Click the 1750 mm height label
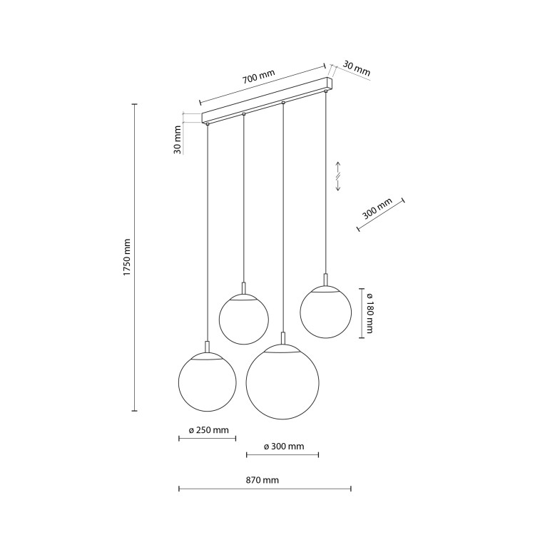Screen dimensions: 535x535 tap(127, 258)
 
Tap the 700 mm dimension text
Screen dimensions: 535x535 tap(258, 77)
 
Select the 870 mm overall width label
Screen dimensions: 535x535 tap(263, 480)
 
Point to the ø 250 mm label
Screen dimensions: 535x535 tap(208, 430)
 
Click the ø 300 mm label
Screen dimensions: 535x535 tap(284, 447)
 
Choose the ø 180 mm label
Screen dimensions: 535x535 tap(370, 313)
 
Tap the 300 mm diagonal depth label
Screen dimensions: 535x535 tap(377, 208)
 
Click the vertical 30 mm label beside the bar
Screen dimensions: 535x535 tap(178, 140)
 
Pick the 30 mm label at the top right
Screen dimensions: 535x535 tap(356, 68)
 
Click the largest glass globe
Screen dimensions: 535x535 tap(282, 382)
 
